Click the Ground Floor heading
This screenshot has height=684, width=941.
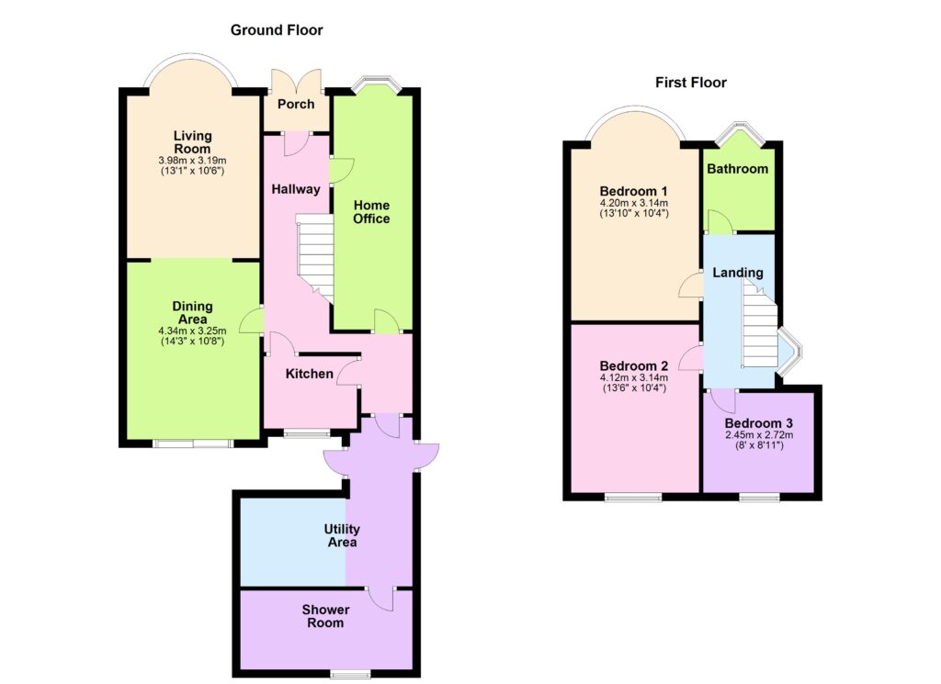277,30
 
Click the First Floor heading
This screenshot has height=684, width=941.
691,82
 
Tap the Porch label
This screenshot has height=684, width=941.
296,104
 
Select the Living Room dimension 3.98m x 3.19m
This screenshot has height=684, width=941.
192,161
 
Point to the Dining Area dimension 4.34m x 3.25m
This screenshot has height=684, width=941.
192,331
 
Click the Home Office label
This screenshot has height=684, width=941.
371,212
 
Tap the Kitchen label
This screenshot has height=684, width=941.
309,374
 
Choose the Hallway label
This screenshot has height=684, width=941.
296,189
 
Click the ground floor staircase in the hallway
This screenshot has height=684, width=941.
315,258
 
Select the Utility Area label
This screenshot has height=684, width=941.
342,535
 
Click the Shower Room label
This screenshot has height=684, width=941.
326,616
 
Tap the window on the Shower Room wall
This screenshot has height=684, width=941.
350,674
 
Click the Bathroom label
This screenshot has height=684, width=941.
738,169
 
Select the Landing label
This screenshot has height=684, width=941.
738,273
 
